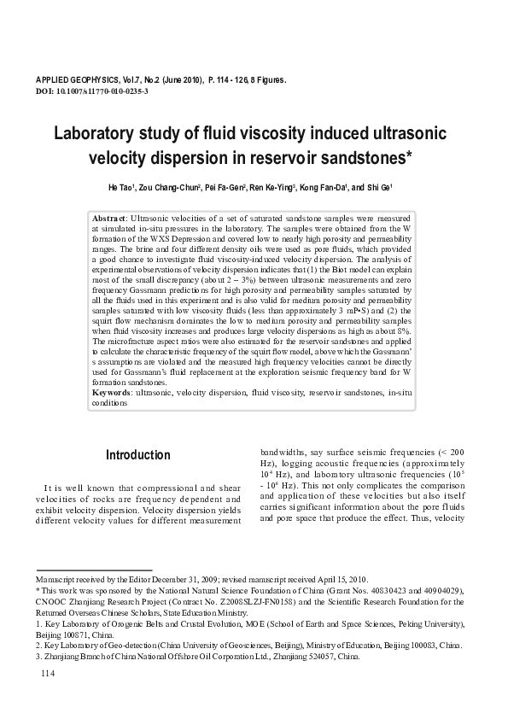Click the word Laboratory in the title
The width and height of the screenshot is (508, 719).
click(95, 134)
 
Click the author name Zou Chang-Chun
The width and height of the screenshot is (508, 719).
click(169, 188)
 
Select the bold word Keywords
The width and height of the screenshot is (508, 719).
click(113, 392)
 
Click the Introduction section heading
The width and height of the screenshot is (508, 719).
click(137, 455)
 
